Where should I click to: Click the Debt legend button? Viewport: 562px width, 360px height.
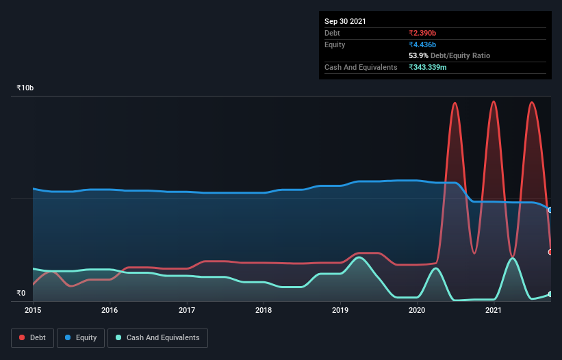(31, 337)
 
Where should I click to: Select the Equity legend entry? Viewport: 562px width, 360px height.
(81, 337)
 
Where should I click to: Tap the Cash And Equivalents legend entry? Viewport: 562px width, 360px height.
(157, 337)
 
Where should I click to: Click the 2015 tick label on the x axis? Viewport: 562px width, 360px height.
(33, 310)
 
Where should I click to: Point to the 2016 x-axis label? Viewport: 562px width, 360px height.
(110, 310)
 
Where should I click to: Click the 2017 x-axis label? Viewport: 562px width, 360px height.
(187, 310)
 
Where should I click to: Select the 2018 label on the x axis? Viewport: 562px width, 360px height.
(264, 310)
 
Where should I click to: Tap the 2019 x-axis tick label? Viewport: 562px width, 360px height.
(340, 310)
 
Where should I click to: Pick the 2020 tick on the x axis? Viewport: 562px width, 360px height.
(418, 310)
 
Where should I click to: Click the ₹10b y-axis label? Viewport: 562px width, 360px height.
(25, 88)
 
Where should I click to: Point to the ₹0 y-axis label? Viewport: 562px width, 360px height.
(21, 294)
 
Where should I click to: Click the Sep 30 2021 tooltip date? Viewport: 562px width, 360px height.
(345, 21)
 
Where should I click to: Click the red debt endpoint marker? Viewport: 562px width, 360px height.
(550, 252)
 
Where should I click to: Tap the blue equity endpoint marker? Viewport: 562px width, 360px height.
(550, 210)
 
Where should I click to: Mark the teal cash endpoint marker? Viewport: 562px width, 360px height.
(550, 294)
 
